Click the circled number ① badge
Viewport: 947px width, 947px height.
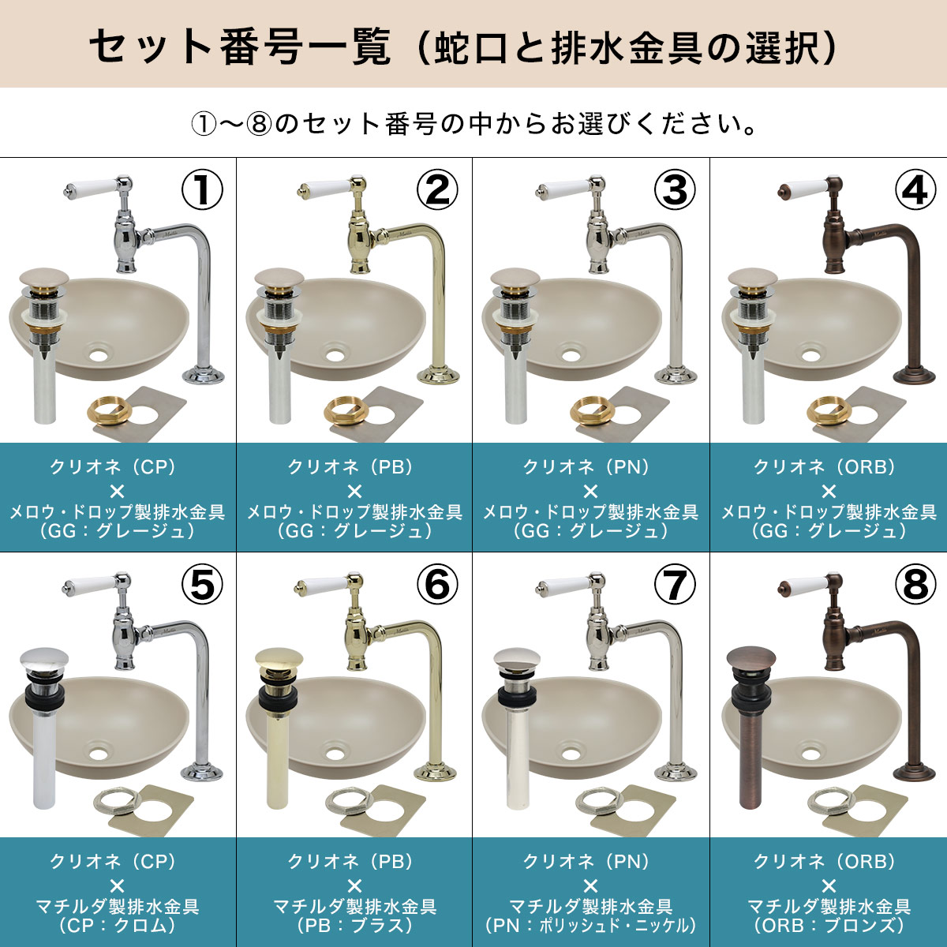click(x=202, y=189)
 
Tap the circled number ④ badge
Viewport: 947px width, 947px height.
click(x=915, y=189)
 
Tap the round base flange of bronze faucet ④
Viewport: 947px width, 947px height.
click(x=914, y=376)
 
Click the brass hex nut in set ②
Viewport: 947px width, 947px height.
click(x=345, y=410)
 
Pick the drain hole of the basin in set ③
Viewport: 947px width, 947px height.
click(x=571, y=355)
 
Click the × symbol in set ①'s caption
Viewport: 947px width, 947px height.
click(x=118, y=492)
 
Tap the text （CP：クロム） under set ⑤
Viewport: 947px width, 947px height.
click(x=117, y=926)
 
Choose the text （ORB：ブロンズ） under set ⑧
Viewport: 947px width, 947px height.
click(x=829, y=926)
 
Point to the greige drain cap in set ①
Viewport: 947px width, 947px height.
click(x=43, y=278)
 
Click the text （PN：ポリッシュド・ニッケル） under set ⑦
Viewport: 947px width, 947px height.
click(x=591, y=926)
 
